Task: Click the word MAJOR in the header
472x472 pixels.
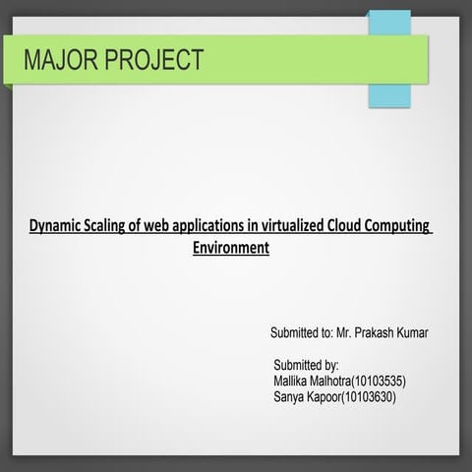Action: pyautogui.click(x=61, y=60)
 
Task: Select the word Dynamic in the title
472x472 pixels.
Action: pyautogui.click(x=58, y=226)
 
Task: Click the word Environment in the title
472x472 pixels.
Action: pyautogui.click(x=230, y=248)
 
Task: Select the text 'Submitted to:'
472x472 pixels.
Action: pyautogui.click(x=300, y=332)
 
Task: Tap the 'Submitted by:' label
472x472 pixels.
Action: pyautogui.click(x=306, y=365)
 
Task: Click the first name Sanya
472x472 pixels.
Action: pyautogui.click(x=291, y=397)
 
